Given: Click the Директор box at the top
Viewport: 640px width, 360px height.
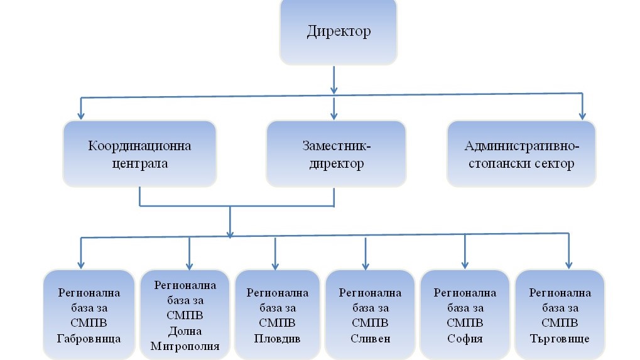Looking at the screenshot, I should (338, 31).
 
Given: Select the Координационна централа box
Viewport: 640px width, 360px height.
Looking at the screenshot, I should (139, 154).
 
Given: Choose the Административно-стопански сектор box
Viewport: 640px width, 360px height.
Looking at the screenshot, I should (521, 154).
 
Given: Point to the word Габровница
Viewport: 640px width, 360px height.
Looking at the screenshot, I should (89, 339).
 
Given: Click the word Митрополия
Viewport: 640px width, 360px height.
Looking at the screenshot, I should (185, 346).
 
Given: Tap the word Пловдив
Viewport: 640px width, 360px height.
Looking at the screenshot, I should (277, 339).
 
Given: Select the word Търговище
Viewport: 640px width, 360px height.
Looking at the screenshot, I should (560, 339).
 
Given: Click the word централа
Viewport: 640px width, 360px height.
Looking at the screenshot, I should (139, 165).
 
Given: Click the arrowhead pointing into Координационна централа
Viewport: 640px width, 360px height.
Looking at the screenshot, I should (80, 115).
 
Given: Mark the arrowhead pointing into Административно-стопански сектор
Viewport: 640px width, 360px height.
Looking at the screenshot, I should (582, 115).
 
